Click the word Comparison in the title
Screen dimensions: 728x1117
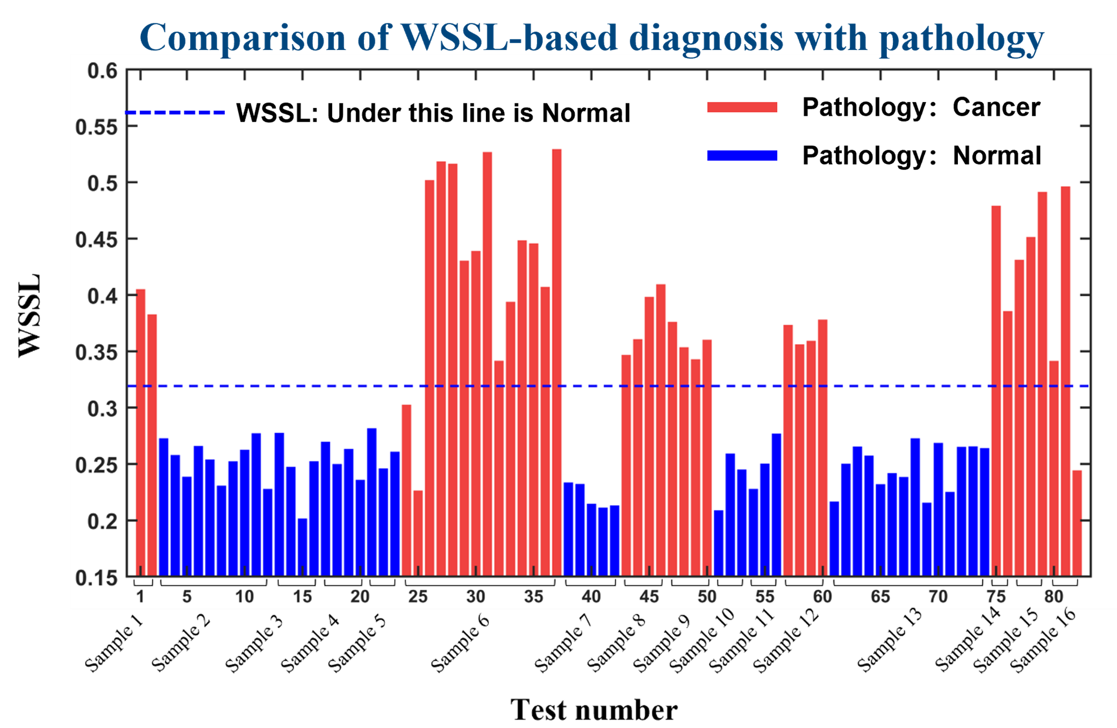[242, 38]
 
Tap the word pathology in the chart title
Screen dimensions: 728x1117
[961, 39]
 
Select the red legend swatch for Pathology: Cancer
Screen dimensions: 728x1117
[742, 107]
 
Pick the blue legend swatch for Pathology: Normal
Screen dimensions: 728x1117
[742, 156]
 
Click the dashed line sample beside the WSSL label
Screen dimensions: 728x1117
[175, 112]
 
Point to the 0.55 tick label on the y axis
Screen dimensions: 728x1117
[96, 127]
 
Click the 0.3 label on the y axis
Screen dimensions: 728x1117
[102, 409]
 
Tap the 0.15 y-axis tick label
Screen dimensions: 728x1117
[96, 578]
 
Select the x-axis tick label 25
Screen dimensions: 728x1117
[417, 597]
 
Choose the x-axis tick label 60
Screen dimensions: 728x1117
[822, 597]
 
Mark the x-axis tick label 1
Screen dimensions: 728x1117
[140, 597]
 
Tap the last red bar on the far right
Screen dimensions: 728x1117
[1077, 523]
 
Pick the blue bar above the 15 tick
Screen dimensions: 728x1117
[302, 546]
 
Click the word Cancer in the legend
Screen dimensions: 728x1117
[996, 107]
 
